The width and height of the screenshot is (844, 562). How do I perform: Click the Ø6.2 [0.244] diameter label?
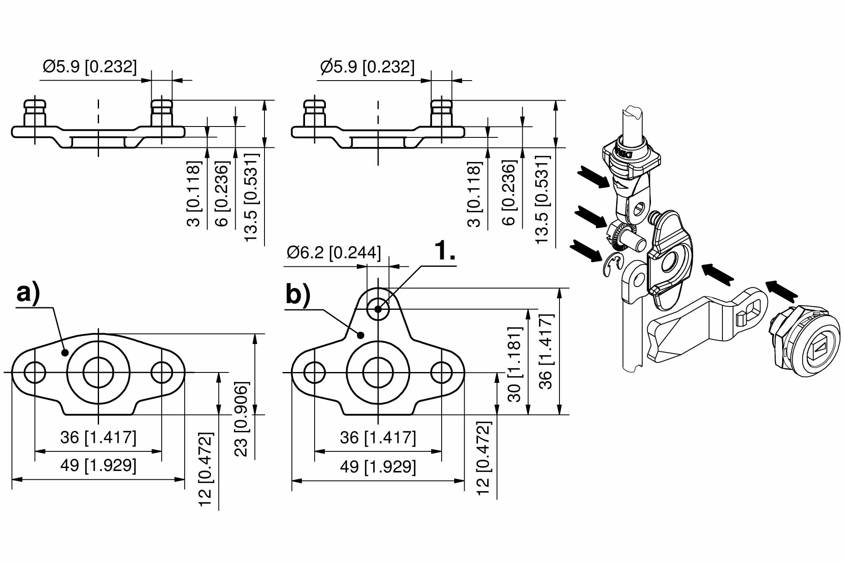pyautogui.click(x=333, y=253)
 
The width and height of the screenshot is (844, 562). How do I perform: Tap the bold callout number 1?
pyautogui.click(x=445, y=251)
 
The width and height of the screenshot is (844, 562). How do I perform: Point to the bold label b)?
pyautogui.click(x=298, y=294)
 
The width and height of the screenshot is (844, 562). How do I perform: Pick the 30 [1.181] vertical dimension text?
pyautogui.click(x=514, y=364)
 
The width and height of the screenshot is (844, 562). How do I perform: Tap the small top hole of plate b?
pyautogui.click(x=378, y=309)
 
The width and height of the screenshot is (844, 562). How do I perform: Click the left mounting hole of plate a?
pyautogui.click(x=35, y=372)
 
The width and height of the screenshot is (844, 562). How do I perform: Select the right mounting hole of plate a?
pyautogui.click(x=162, y=372)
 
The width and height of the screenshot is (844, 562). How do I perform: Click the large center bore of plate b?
pyautogui.click(x=378, y=372)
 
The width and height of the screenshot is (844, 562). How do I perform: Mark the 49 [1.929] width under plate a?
pyautogui.click(x=98, y=465)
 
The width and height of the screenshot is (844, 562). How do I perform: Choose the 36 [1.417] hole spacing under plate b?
pyautogui.click(x=378, y=438)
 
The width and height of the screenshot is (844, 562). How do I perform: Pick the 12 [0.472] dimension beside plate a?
pyautogui.click(x=206, y=469)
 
